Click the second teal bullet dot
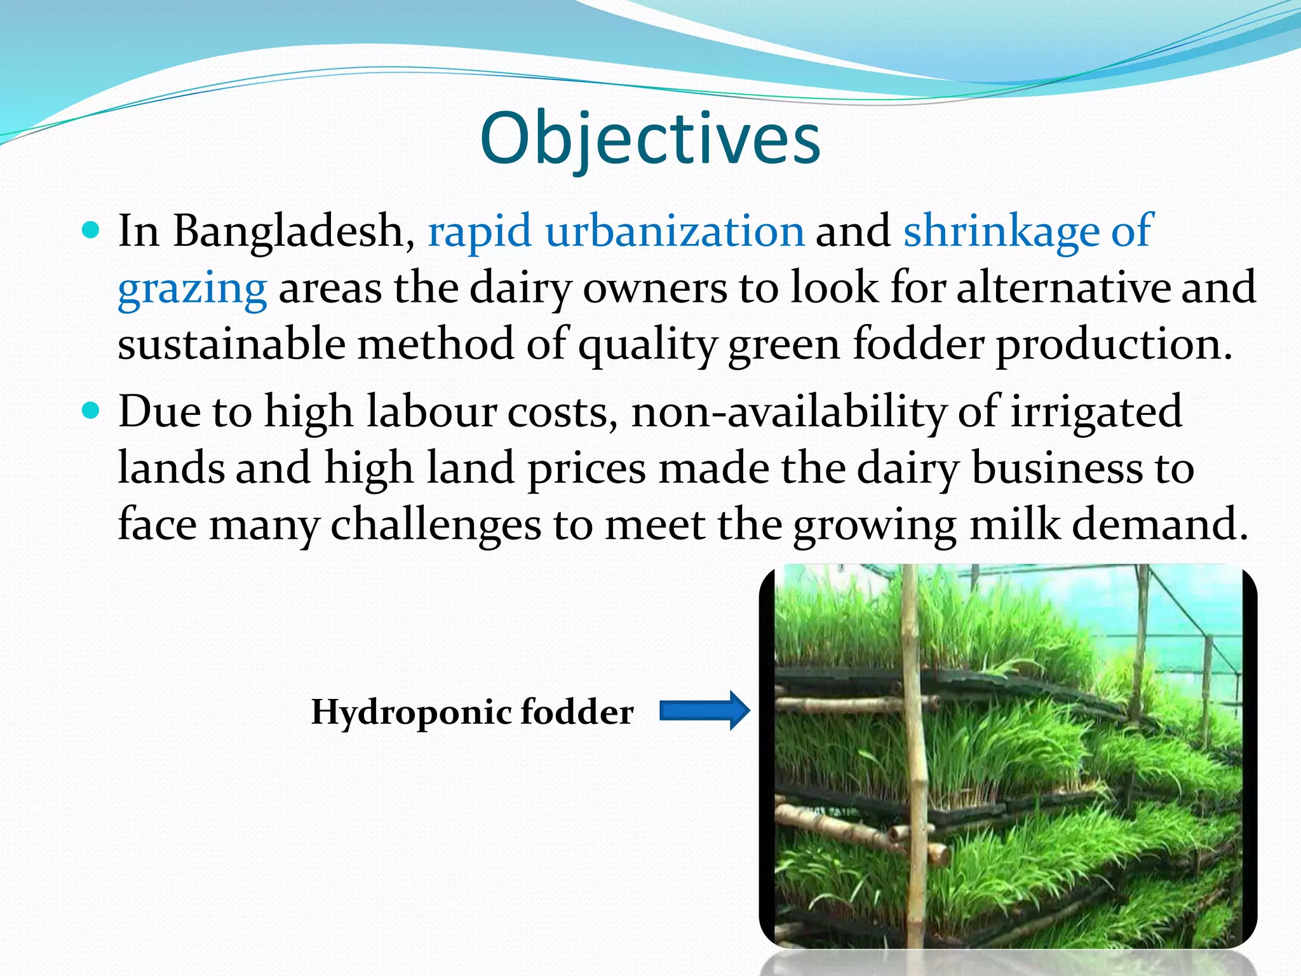click(91, 410)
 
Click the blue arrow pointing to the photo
click(704, 710)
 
